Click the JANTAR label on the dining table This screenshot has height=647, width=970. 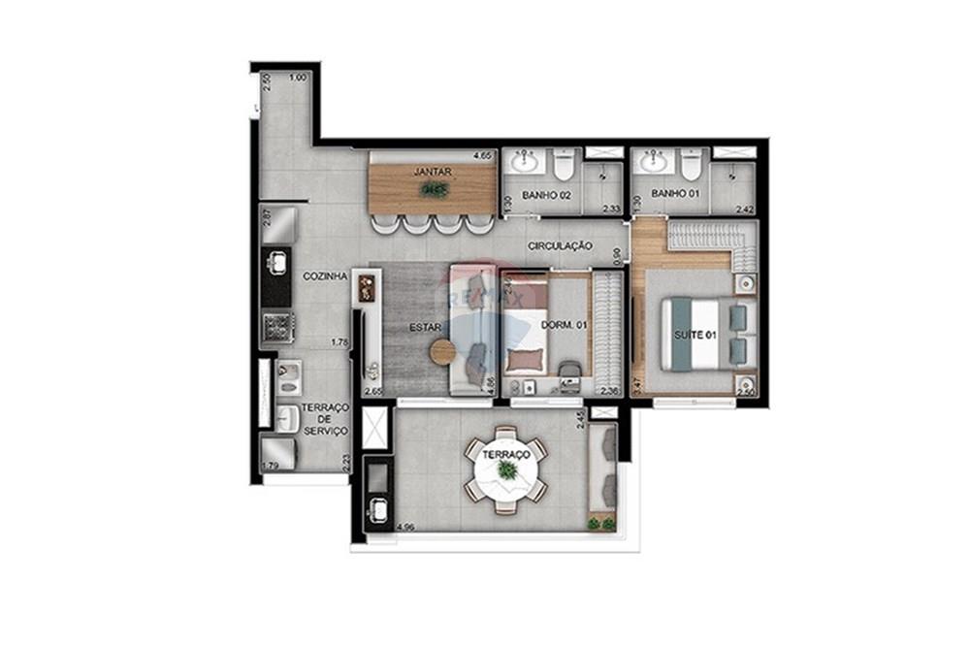432,172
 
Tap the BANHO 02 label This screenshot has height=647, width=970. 546,195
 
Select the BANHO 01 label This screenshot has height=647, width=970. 675,195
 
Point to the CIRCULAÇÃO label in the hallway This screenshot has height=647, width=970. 560,247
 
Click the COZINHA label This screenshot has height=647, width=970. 325,276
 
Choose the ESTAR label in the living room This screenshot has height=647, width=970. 425,328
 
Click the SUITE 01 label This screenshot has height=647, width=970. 695,336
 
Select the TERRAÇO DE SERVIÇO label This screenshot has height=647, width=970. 324,419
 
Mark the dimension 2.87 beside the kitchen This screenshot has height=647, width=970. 266,217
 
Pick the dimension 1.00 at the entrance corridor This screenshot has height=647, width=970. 298,78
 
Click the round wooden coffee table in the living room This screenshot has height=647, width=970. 443,352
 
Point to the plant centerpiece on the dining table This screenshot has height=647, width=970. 434,189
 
